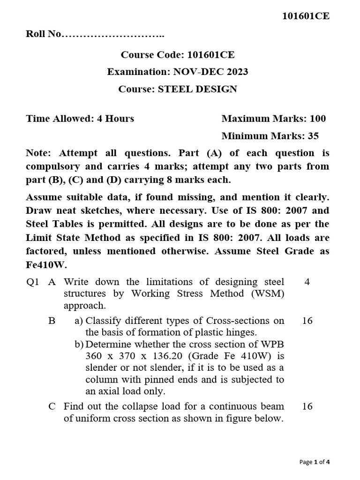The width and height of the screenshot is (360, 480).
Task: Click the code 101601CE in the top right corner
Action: [306, 16]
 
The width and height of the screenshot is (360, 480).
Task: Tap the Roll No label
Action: [43, 35]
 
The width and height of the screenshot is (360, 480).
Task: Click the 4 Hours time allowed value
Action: [115, 119]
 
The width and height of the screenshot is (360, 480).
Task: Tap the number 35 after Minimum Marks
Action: [313, 136]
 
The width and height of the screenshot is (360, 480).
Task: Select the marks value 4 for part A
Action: [307, 282]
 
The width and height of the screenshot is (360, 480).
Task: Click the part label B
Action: [52, 321]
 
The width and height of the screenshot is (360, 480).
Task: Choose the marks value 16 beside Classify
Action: [307, 321]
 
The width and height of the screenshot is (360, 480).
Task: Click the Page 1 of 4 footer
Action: [315, 462]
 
